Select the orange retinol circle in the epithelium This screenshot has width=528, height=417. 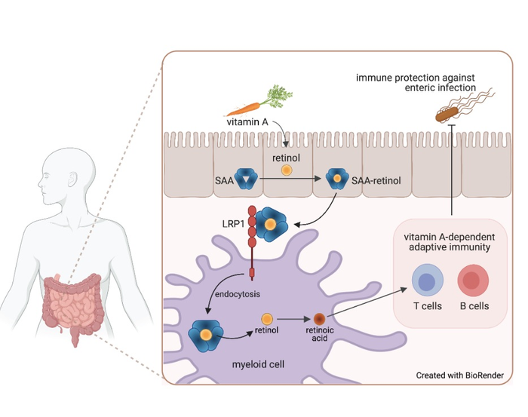coord(286,170)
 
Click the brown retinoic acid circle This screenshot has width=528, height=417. coord(319,319)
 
